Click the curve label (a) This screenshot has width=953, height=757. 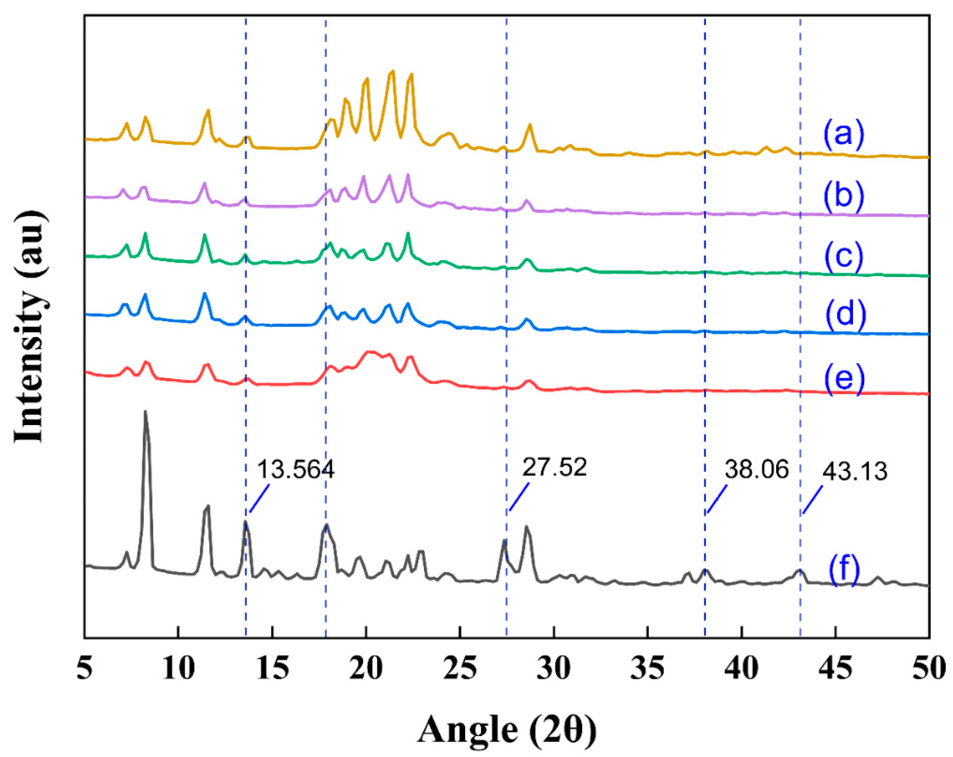(843, 135)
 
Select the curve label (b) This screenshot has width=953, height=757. (843, 196)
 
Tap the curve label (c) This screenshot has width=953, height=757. (843, 256)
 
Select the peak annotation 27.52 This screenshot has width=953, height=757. (555, 468)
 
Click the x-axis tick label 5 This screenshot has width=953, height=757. (85, 669)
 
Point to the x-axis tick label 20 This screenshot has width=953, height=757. (366, 669)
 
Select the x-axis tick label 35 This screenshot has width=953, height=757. (647, 669)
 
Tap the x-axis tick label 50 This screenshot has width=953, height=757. (929, 669)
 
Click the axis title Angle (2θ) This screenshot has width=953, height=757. (506, 729)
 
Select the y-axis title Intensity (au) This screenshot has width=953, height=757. (29, 326)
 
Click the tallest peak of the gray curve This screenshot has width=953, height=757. (145, 412)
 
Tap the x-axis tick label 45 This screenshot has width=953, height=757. (835, 669)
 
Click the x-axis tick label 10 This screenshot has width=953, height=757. (178, 669)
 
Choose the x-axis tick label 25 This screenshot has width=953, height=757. (460, 669)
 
